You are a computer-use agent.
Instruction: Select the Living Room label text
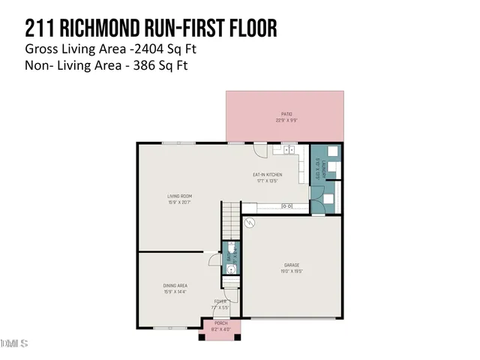(179, 199)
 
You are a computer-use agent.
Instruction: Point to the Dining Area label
(175, 287)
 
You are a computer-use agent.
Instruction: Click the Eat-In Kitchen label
(265, 178)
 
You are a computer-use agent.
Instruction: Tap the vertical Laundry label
(317, 171)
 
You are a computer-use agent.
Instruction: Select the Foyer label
(220, 304)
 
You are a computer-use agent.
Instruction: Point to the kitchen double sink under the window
(288, 149)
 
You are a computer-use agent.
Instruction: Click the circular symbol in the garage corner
(250, 223)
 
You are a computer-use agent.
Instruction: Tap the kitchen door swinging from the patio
(259, 149)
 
